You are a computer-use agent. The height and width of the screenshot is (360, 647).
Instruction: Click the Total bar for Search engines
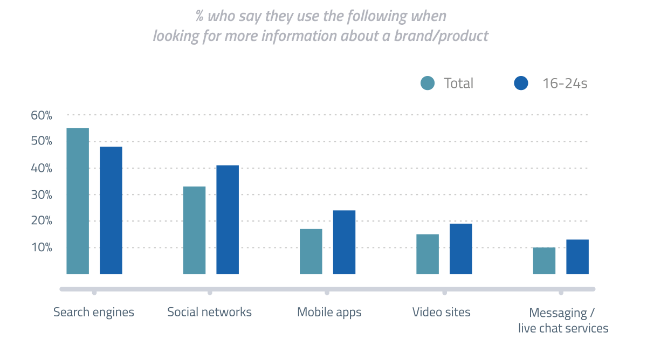tap(78, 201)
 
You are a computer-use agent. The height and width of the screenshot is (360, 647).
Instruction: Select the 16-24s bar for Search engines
tap(111, 210)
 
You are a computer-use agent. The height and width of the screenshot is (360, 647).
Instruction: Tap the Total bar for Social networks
tap(194, 230)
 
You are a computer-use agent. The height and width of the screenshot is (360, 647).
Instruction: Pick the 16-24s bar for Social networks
tap(228, 219)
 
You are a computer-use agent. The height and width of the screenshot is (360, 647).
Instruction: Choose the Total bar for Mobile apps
tap(311, 251)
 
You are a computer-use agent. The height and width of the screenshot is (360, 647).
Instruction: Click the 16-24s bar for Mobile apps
tap(344, 242)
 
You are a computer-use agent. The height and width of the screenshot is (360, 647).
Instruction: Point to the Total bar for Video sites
tap(428, 254)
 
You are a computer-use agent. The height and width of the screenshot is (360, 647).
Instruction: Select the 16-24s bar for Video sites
tap(461, 248)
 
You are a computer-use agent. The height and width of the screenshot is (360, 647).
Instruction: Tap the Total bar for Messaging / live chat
tap(544, 260)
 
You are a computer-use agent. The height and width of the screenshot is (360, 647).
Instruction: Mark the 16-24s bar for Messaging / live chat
tap(577, 257)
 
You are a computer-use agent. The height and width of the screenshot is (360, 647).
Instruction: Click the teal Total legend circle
tap(428, 84)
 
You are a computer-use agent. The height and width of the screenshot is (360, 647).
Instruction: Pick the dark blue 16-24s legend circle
tap(521, 84)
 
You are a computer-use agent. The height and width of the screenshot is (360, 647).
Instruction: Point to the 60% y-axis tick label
tap(42, 115)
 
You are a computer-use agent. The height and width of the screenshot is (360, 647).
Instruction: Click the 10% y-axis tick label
tap(42, 248)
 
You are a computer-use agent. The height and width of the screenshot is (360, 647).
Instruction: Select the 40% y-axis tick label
tap(42, 168)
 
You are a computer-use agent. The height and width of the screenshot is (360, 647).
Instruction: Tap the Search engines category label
tap(94, 313)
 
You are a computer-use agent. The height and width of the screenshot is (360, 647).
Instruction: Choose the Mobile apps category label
tap(329, 313)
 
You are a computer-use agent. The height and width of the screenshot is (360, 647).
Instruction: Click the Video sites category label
tap(442, 313)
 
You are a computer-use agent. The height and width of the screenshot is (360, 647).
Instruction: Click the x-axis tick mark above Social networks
tap(210, 293)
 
